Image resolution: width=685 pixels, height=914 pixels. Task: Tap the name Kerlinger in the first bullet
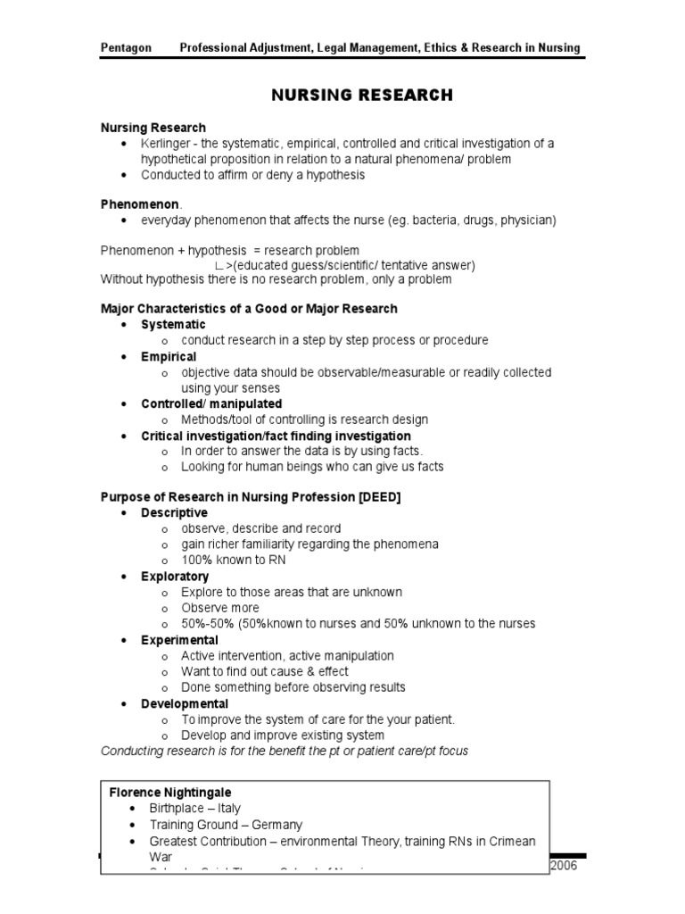coord(169,144)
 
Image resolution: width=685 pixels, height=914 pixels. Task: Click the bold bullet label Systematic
coord(173,324)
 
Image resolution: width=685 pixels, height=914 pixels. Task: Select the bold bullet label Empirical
coord(169,356)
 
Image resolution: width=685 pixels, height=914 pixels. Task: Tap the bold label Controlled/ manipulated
coord(211,403)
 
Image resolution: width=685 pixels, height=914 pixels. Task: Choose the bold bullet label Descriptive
coord(174,512)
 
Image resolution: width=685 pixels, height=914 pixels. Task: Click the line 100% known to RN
coord(234,561)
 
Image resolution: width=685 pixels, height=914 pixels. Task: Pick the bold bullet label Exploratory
coord(175,577)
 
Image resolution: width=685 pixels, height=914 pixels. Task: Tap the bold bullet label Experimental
coord(179,640)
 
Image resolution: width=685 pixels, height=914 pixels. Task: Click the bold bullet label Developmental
coord(185,703)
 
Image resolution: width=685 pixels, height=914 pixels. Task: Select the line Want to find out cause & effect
coord(265,671)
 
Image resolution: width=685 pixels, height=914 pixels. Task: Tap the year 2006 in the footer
coord(567,866)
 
